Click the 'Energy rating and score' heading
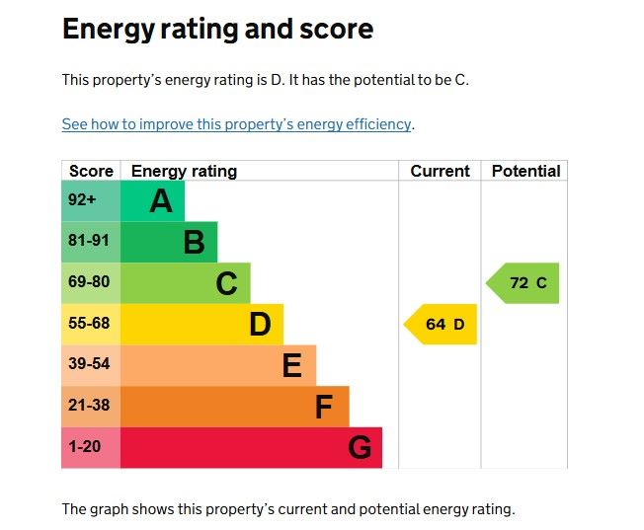click(217, 30)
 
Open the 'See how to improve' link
click(236, 124)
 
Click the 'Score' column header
click(91, 171)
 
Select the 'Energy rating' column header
click(184, 171)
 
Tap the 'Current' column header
click(440, 171)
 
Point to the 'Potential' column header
click(525, 171)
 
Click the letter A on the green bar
click(160, 201)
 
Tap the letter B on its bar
click(194, 243)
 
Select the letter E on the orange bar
click(291, 366)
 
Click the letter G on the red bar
click(359, 448)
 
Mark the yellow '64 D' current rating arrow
click(443, 325)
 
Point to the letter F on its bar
click(324, 407)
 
